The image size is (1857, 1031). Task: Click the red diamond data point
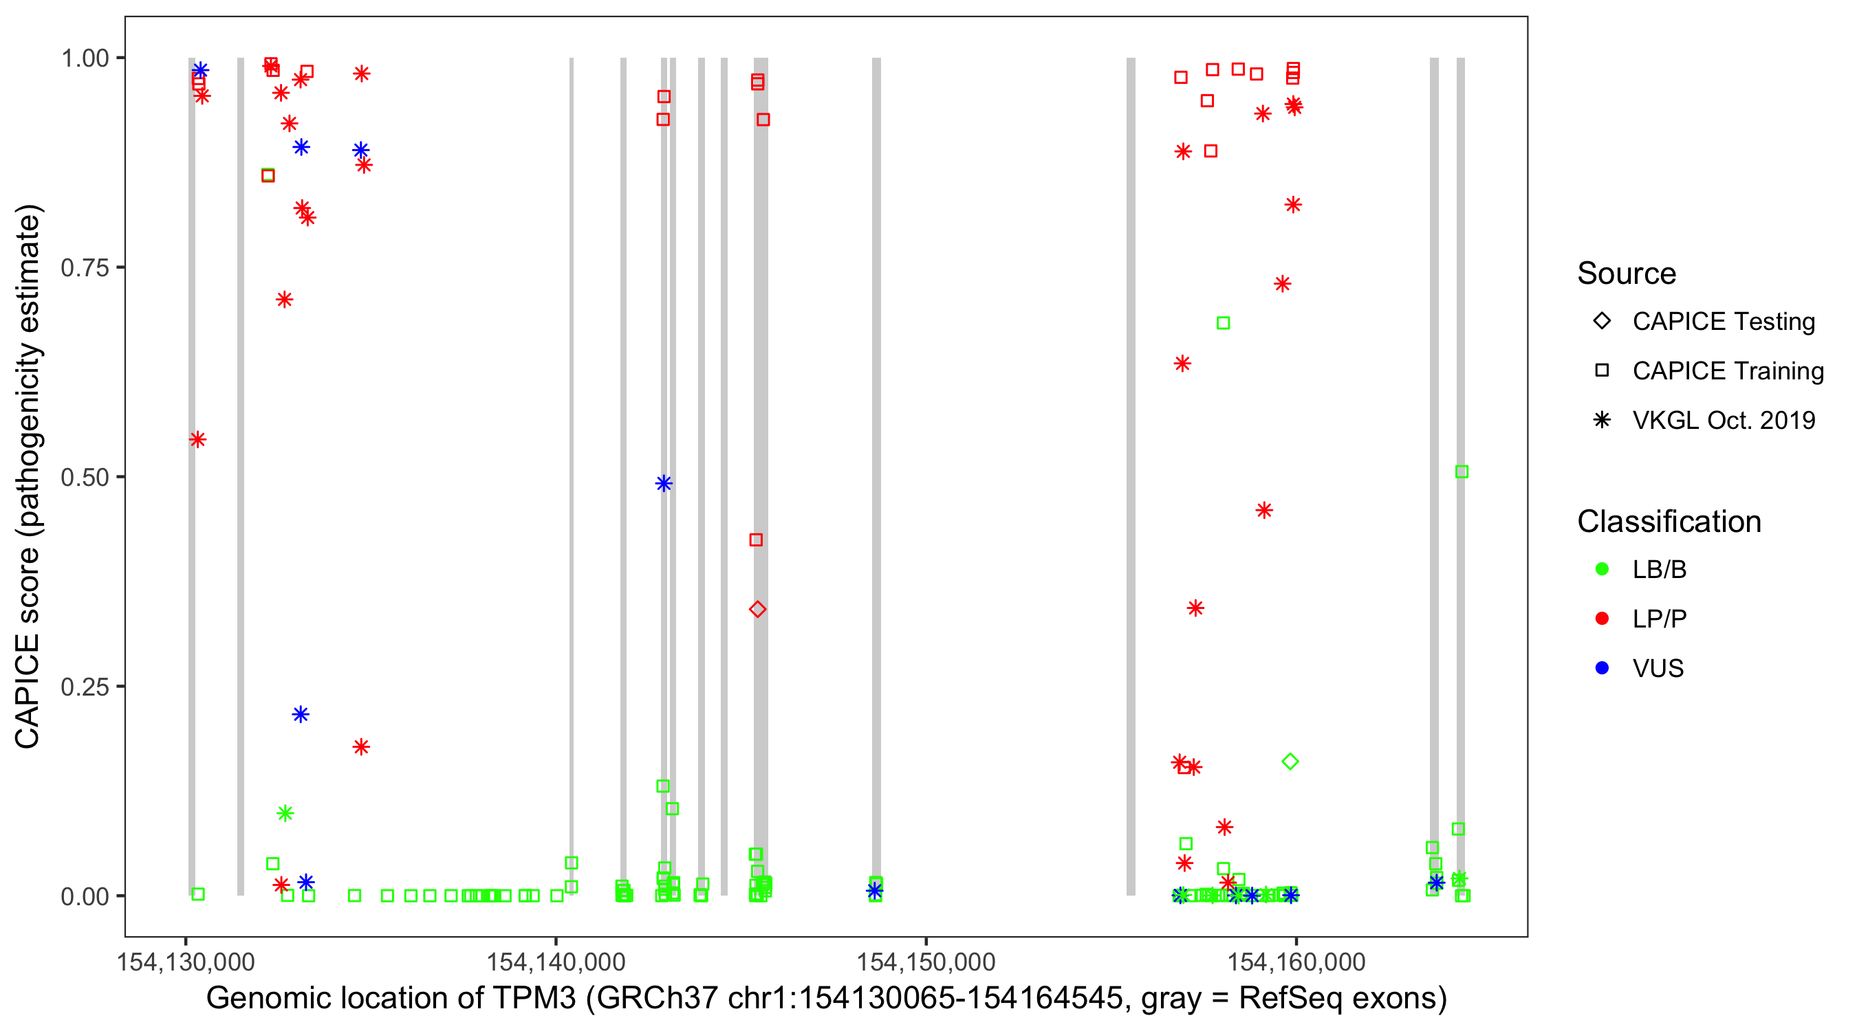757,610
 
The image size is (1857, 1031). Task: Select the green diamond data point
1290,762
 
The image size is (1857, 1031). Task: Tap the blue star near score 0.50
664,483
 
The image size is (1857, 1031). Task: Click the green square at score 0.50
1462,472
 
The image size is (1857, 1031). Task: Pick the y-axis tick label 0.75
84,268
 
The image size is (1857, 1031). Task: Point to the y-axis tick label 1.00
84,58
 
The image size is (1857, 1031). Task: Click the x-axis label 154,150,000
926,962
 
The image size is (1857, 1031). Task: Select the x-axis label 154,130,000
186,962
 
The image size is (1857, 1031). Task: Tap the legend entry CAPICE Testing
1723,322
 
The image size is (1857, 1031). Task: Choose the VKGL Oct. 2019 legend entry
1723,420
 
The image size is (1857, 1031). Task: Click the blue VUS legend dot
1603,668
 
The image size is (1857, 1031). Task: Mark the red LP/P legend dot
1603,619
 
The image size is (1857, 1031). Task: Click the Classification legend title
1669,522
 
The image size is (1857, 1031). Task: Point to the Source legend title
1627,274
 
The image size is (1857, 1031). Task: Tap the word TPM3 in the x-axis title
534,999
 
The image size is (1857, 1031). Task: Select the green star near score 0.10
285,813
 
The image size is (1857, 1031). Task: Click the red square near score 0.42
755,540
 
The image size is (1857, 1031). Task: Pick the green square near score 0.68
1224,323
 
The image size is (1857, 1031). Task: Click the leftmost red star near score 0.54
197,439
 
